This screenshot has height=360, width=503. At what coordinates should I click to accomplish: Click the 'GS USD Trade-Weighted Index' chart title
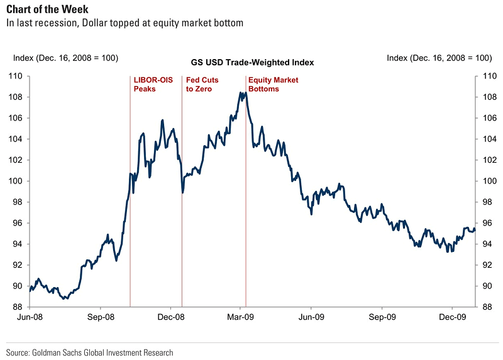252,63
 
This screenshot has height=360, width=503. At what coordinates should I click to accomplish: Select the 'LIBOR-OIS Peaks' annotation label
145,84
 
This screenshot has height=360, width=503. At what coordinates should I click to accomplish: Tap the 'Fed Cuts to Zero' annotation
199,84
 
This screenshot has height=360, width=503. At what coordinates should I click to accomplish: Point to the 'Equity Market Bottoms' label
273,84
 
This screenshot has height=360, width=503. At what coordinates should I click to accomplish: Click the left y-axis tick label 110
14,76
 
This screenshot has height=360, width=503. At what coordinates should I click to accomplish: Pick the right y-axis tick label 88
485,307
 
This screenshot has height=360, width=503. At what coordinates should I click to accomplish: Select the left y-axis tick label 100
14,181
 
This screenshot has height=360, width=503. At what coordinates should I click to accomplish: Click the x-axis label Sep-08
101,317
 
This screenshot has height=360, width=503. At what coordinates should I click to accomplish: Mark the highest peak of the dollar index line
240,92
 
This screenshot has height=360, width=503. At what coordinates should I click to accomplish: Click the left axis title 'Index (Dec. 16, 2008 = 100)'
65,58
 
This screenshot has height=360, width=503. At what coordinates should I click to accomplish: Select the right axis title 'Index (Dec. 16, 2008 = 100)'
439,58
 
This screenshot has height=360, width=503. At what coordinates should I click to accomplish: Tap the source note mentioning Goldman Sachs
89,352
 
